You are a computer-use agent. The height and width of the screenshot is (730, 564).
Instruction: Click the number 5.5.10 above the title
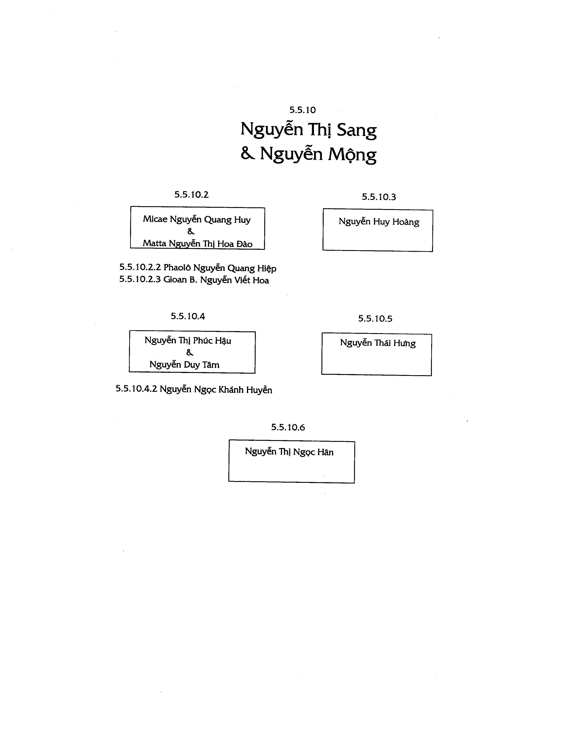(x=302, y=110)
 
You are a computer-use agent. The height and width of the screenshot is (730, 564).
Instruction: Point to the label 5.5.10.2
(x=191, y=194)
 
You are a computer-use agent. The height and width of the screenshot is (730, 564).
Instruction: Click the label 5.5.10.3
(x=379, y=197)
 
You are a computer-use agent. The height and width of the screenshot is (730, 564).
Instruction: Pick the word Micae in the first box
(x=155, y=219)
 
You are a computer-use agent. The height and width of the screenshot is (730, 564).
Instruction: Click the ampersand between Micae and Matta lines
(x=191, y=231)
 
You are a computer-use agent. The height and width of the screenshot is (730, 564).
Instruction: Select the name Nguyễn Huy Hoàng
(x=379, y=222)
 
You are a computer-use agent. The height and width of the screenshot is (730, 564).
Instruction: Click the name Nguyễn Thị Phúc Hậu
(x=188, y=340)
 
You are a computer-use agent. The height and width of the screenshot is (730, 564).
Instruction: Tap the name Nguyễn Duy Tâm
(x=184, y=364)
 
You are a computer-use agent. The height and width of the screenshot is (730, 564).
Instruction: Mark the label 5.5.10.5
(x=375, y=318)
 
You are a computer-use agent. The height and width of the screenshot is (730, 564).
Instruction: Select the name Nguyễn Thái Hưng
(x=378, y=343)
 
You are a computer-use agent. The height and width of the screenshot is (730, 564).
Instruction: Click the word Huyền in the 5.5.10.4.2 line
(x=259, y=390)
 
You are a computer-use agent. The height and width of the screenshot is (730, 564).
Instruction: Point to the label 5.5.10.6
(x=288, y=427)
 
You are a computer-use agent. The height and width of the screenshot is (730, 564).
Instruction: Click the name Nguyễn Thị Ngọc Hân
(x=289, y=452)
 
